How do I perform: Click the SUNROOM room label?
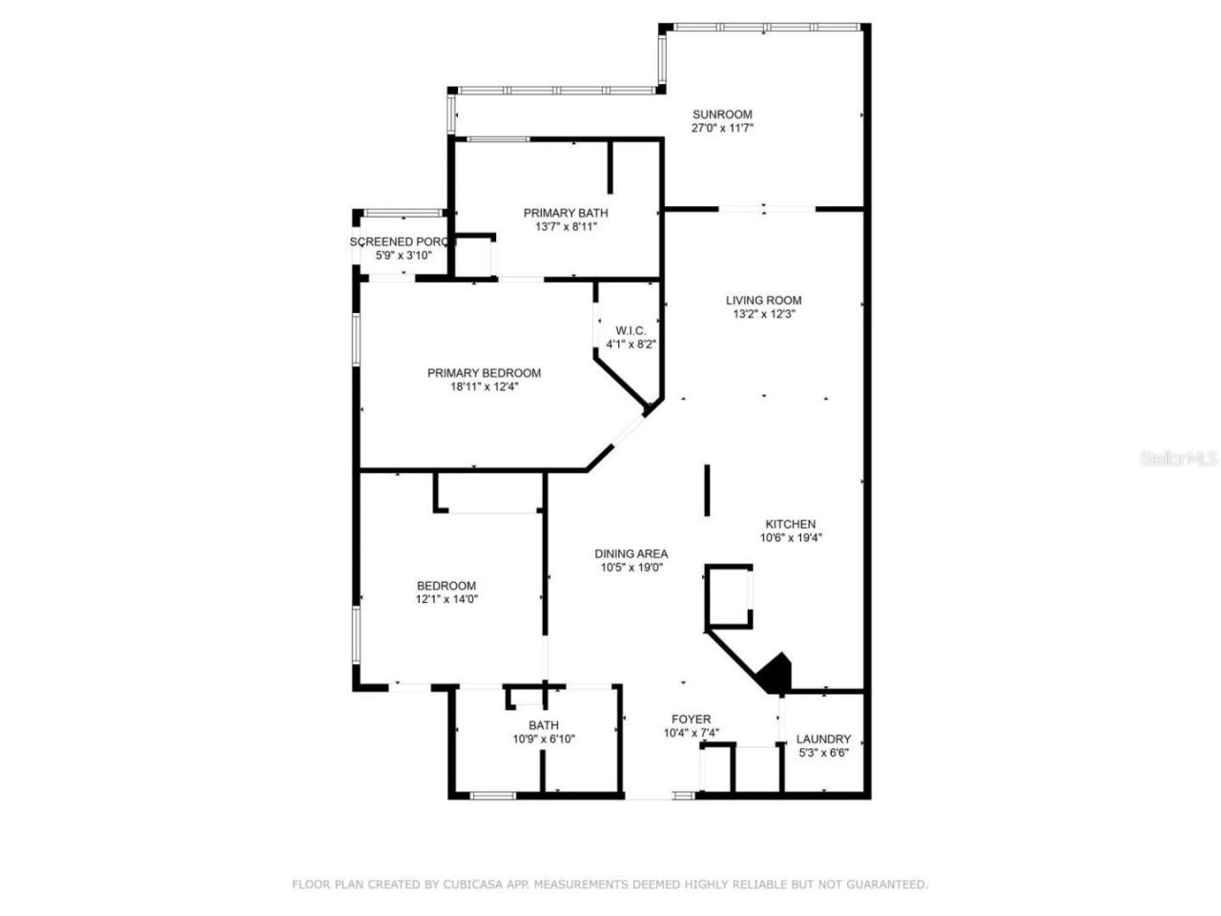(722, 114)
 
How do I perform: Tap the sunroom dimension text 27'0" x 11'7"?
(722, 128)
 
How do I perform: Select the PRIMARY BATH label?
(565, 213)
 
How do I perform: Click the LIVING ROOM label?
(763, 300)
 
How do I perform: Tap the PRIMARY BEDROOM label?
(484, 373)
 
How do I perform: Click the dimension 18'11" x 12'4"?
(484, 386)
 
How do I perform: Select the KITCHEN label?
(791, 524)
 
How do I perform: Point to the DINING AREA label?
(631, 553)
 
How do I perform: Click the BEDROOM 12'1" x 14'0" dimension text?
(446, 599)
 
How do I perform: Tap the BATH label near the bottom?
(544, 725)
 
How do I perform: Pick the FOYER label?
(691, 719)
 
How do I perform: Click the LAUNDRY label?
(823, 739)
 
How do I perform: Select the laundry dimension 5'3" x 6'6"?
(823, 752)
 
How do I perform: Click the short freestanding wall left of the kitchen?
(707, 489)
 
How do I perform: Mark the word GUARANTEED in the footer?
(889, 885)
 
